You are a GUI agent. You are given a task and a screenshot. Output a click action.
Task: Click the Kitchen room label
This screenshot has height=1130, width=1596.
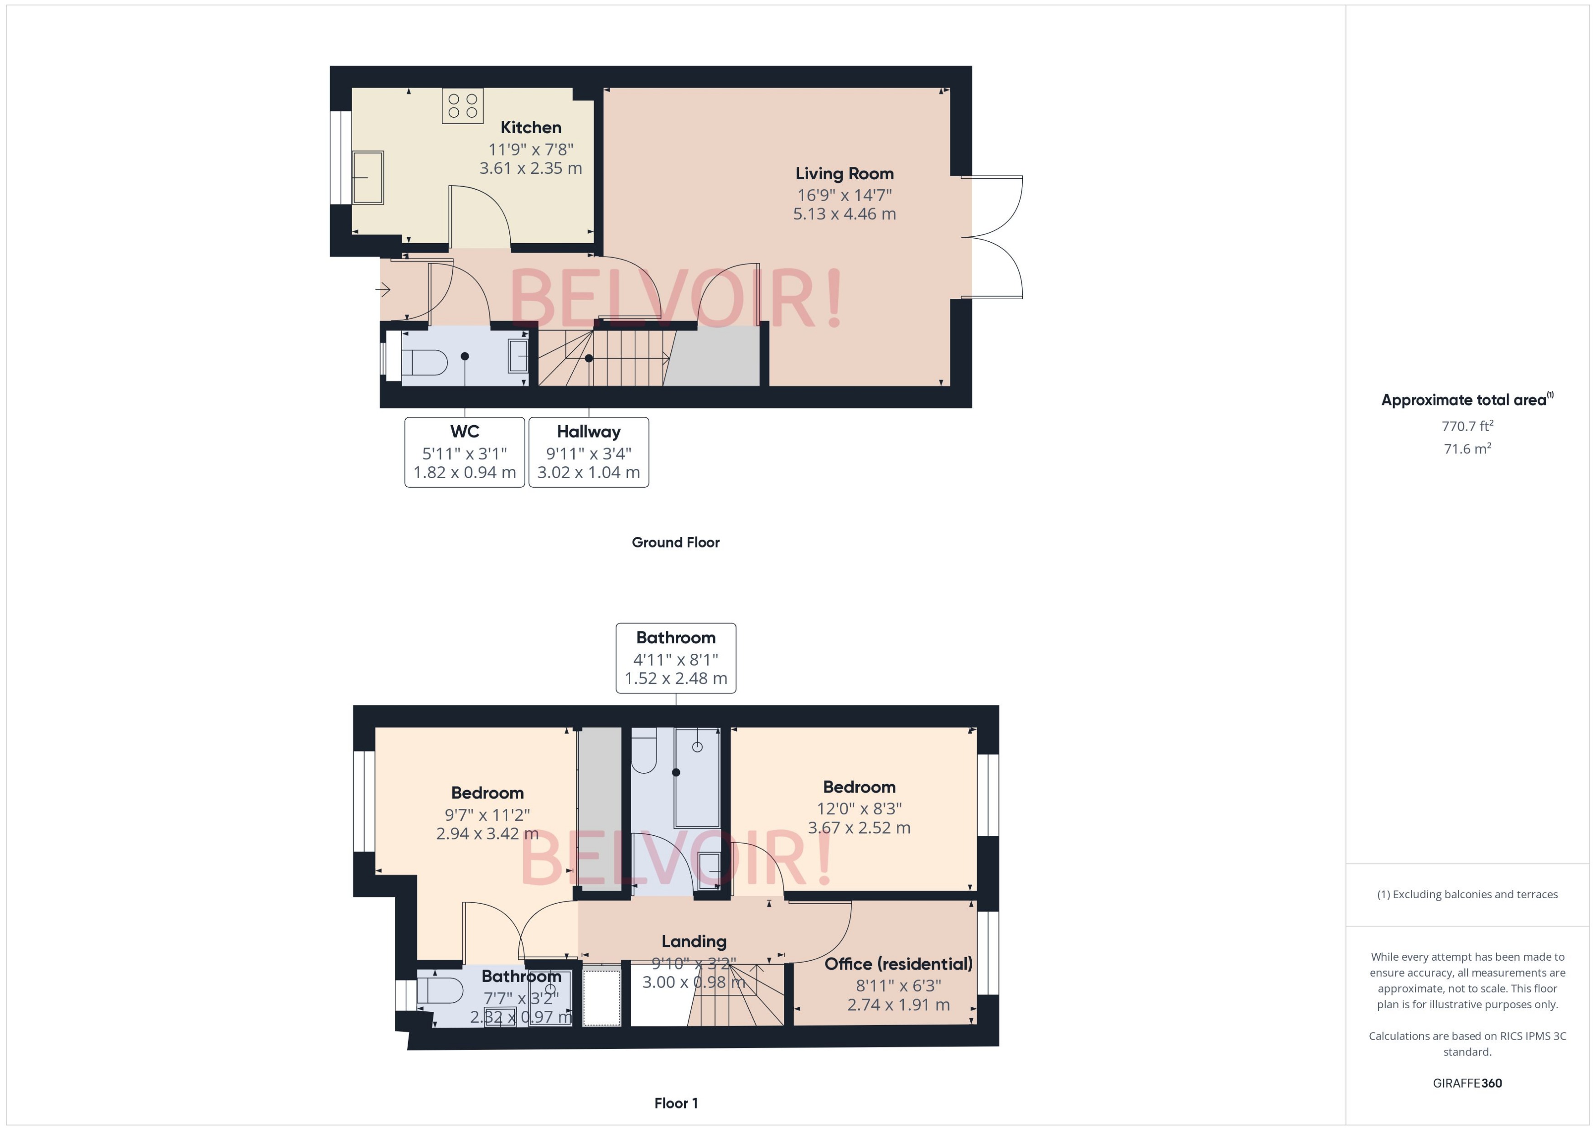coord(531,127)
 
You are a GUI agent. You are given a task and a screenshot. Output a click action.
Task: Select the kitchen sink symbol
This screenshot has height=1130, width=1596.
coord(368,177)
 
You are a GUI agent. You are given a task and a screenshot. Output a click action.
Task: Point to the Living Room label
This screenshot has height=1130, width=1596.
coord(844,173)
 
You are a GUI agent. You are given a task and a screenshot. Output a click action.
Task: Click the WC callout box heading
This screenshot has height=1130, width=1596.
coord(465,432)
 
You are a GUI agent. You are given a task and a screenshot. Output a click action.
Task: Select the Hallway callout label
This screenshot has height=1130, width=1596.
coord(588,432)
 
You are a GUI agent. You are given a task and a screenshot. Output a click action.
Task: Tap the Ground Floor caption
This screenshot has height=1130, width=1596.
coord(675,542)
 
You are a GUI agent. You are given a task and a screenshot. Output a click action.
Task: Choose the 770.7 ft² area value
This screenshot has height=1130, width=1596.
coord(1467,426)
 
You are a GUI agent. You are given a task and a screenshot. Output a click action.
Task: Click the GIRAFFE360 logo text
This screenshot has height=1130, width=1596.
coord(1467,1083)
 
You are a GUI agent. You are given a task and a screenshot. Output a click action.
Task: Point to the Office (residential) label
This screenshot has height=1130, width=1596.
coord(898,963)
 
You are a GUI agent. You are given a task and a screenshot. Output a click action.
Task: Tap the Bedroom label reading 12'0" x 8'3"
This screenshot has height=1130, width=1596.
coord(859,787)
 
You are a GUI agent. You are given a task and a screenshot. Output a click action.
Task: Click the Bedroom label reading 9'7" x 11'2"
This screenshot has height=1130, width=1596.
coord(487,792)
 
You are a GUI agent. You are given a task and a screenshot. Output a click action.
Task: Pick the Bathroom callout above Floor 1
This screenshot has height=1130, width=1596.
coord(675,637)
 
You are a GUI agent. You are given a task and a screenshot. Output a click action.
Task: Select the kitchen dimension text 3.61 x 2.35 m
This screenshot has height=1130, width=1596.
coord(531,168)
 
